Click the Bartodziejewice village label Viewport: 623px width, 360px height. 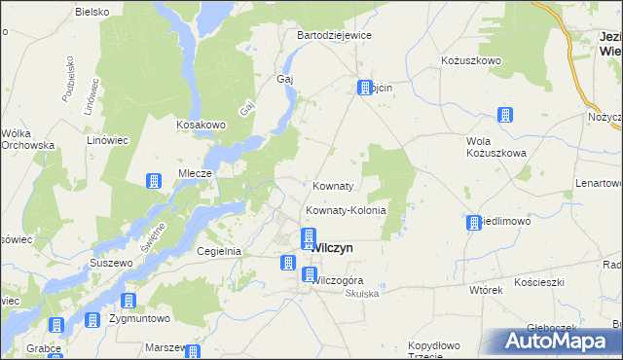[x=334, y=35]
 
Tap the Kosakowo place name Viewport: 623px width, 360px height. [x=201, y=126]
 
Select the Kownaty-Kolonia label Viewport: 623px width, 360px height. [x=347, y=210]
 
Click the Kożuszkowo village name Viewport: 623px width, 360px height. [x=470, y=60]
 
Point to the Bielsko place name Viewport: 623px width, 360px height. [x=93, y=13]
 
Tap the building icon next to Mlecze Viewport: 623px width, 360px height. [x=154, y=181]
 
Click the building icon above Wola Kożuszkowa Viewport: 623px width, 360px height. [x=505, y=115]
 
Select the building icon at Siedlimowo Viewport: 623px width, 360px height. [x=474, y=223]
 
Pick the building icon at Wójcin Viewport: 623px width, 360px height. [x=366, y=87]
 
